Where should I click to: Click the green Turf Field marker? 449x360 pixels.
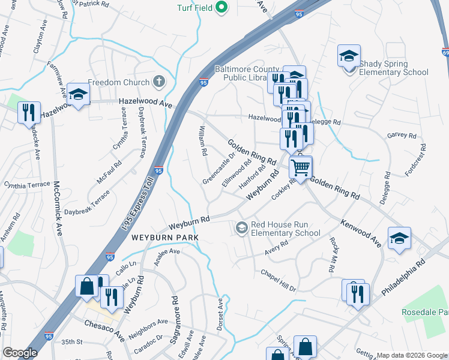tap(221, 8)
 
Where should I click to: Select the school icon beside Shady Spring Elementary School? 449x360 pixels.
tap(349, 56)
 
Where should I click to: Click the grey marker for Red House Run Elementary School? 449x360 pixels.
tap(241, 227)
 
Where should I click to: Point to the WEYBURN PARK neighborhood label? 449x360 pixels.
tap(164, 238)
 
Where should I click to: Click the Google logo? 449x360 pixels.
tap(20, 352)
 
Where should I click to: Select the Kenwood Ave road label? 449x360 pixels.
tap(361, 233)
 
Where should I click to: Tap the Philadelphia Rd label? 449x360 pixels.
tap(403, 276)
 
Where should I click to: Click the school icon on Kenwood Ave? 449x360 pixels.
tap(399, 238)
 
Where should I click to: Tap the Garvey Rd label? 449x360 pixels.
tap(397, 136)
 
